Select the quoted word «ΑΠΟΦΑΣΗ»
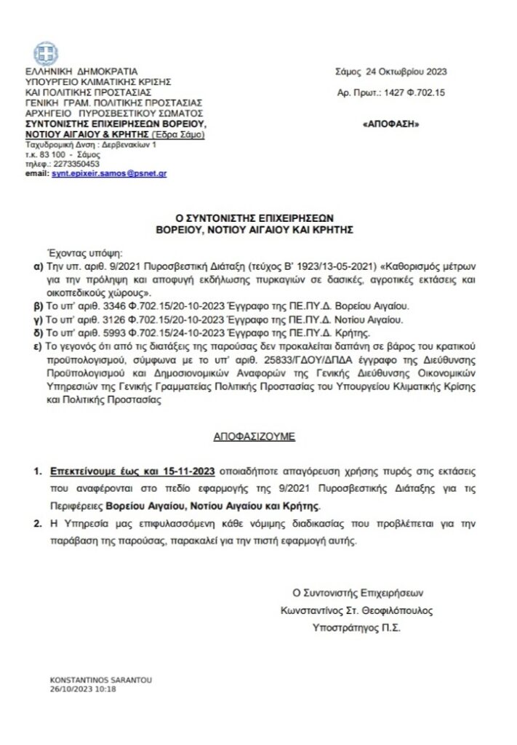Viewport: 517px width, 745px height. point(390,125)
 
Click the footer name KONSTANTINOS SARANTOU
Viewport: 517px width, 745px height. point(90,680)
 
